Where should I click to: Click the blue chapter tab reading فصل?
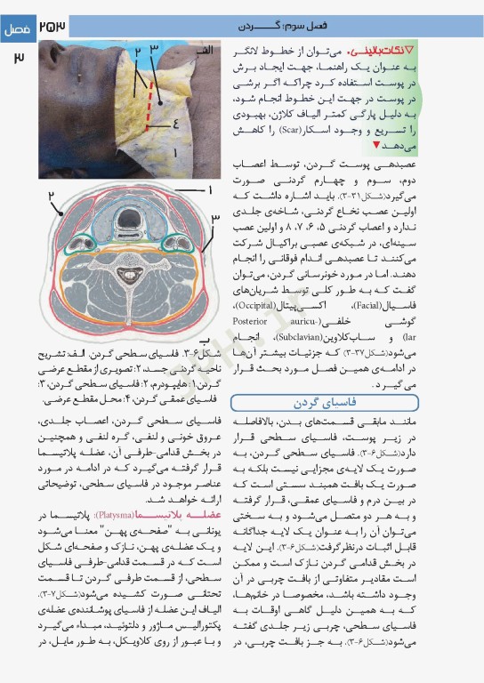(x=17, y=28)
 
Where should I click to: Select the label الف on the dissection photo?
(x=204, y=51)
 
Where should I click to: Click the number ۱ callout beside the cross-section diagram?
(x=210, y=189)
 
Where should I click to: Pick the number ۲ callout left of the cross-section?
(x=52, y=195)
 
